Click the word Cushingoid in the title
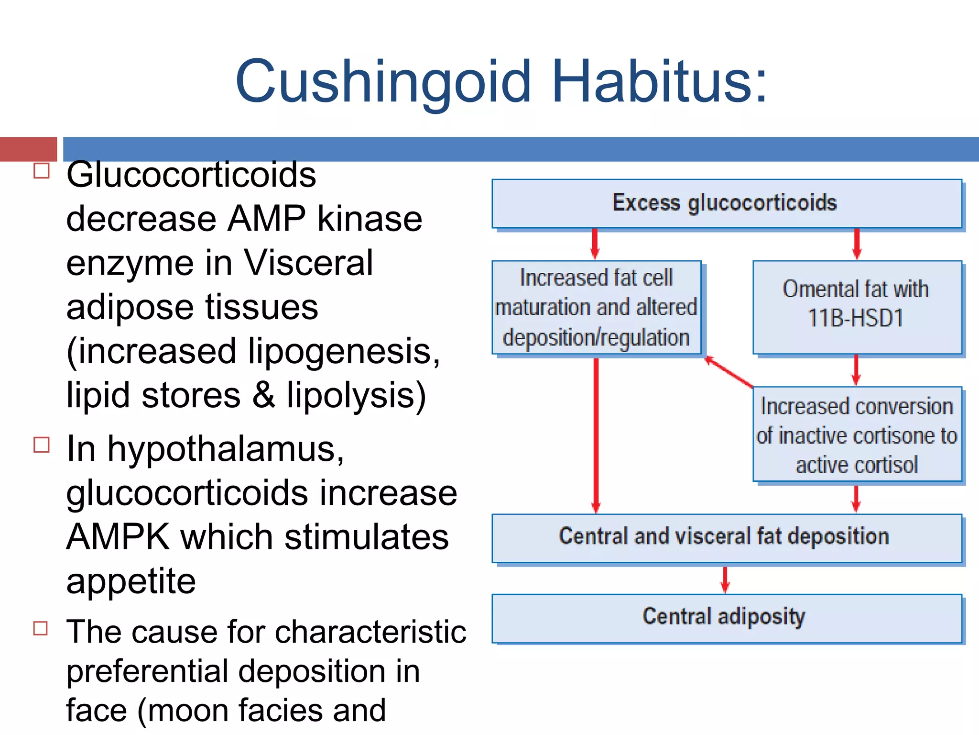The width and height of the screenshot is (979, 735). (x=382, y=81)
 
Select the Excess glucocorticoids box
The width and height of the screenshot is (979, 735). (x=727, y=203)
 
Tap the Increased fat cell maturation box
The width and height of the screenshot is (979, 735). (x=596, y=307)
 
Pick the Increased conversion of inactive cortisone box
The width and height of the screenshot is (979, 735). (x=857, y=434)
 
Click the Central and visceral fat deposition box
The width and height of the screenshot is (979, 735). (x=727, y=537)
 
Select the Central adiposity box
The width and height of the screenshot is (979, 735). (x=727, y=618)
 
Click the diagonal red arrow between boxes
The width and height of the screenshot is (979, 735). (x=729, y=372)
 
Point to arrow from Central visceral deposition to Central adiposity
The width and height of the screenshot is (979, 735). (x=725, y=579)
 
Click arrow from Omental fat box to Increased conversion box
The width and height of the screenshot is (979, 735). (x=856, y=370)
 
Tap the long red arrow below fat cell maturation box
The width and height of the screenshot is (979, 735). (x=596, y=435)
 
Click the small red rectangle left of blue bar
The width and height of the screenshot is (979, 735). (x=28, y=149)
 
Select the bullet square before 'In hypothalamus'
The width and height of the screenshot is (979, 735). (x=42, y=445)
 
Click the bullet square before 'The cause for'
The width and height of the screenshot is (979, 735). (x=41, y=628)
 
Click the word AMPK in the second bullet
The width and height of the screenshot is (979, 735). (x=118, y=537)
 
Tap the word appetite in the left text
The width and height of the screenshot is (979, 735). (x=131, y=581)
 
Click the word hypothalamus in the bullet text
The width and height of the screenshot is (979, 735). (x=225, y=450)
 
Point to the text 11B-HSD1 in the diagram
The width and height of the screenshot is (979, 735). (x=856, y=318)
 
